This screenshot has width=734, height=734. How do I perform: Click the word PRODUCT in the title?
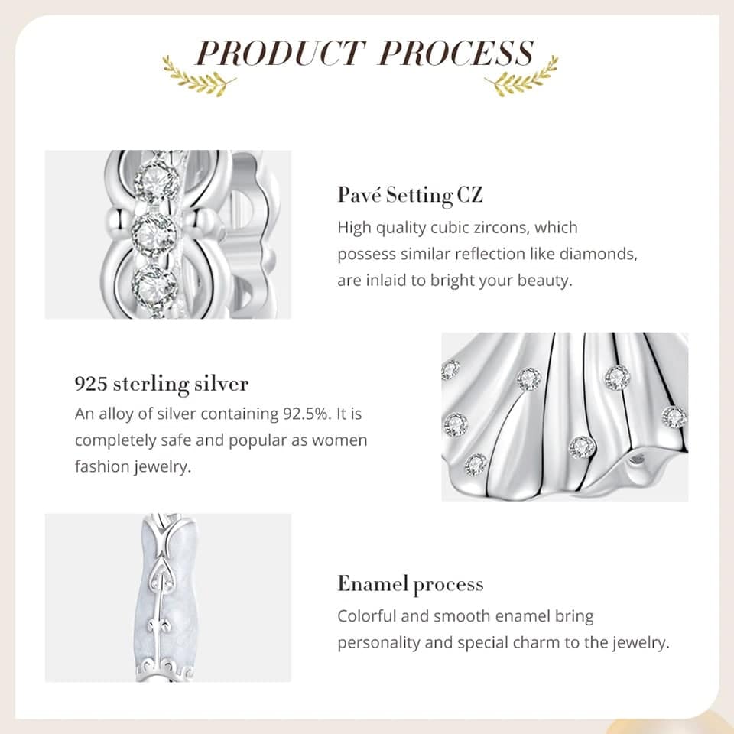pos(280,53)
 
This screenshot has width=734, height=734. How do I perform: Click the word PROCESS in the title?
pos(457,53)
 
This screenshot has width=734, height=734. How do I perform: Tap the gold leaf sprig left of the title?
pos(199,76)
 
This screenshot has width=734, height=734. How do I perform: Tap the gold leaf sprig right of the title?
pos(521,76)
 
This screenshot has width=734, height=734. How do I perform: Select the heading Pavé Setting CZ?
pos(410,195)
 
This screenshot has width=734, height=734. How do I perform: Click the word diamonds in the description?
pos(598,254)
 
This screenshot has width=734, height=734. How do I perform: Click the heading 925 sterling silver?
pos(161,384)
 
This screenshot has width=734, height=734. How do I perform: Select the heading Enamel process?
pos(411,584)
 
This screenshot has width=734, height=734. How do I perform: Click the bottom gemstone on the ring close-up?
pos(154,284)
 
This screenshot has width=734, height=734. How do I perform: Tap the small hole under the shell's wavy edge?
pos(636,460)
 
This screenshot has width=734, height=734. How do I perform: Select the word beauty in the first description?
pos(544,281)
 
